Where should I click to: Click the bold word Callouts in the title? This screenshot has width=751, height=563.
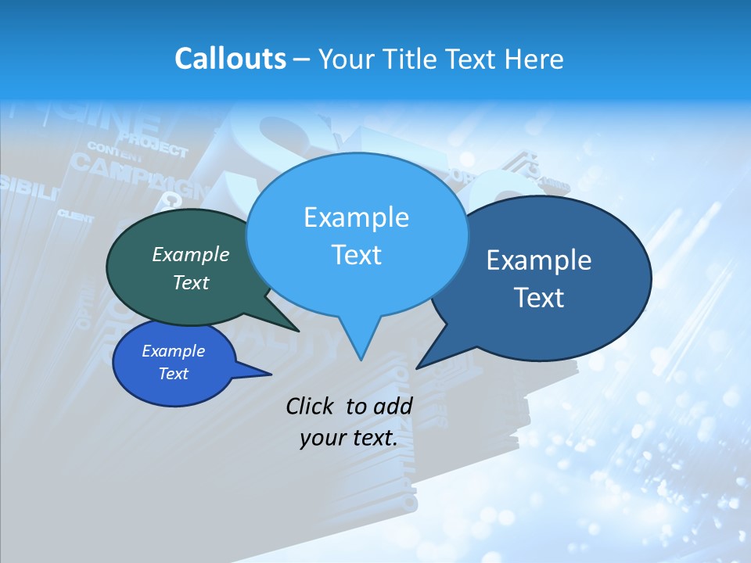click(230, 59)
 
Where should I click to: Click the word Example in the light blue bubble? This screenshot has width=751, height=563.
click(356, 217)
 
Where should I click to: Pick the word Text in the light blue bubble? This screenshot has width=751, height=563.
click(356, 254)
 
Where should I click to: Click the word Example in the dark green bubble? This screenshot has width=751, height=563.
click(191, 254)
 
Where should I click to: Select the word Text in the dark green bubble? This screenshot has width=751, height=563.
click(191, 282)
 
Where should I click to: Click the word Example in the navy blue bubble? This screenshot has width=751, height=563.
click(539, 260)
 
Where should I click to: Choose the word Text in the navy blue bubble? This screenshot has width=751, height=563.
click(539, 297)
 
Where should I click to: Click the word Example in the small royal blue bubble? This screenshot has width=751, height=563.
click(173, 351)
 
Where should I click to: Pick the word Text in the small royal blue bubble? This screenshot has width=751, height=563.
click(173, 374)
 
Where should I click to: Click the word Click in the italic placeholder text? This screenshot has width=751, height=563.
click(311, 406)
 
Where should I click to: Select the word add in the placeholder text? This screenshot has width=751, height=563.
click(393, 406)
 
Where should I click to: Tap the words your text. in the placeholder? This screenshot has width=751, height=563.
click(348, 438)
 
